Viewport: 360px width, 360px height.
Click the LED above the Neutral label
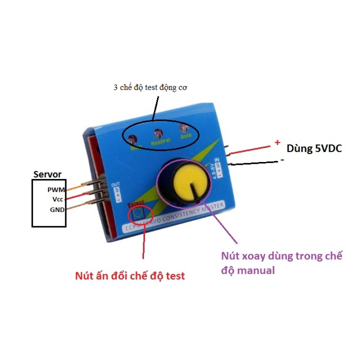tap(158, 133)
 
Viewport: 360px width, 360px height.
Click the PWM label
tap(57, 190)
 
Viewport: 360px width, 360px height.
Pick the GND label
tap(57, 210)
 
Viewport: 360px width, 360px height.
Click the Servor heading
tap(48, 174)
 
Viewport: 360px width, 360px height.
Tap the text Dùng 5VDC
tap(314, 148)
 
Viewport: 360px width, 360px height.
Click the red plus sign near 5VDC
tap(277, 143)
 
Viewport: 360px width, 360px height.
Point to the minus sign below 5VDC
tap(282, 159)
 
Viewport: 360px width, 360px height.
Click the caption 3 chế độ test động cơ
tap(150, 87)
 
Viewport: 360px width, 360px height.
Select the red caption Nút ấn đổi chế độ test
tap(130, 275)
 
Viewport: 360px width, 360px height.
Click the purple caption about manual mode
tap(281, 263)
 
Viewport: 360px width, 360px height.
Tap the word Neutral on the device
tap(160, 141)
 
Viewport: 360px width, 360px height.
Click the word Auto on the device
tap(186, 136)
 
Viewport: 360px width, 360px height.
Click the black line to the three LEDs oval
tap(155, 107)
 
